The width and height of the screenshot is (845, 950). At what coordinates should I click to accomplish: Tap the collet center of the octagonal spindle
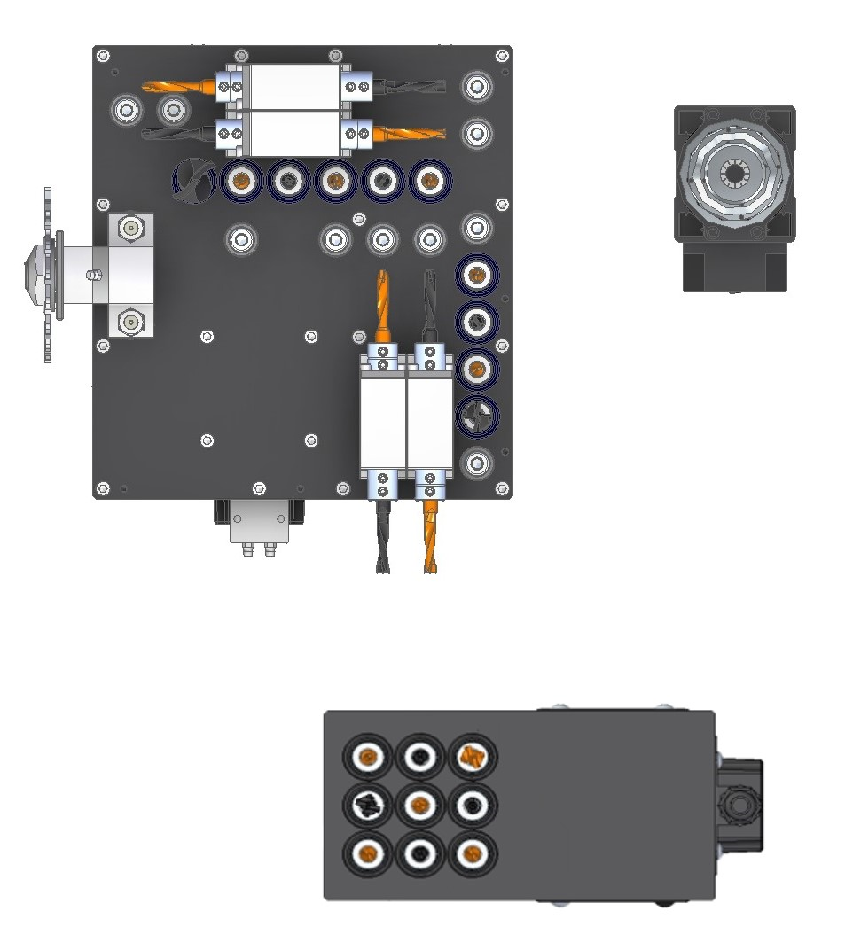point(734,172)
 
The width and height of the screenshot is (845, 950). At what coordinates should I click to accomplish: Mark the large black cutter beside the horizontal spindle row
point(193,181)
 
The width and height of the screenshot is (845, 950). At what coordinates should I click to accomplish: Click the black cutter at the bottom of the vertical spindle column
point(477,416)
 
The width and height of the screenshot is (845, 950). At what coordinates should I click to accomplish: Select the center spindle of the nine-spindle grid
point(420,806)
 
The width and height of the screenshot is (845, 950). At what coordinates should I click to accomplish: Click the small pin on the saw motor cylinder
point(91,276)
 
